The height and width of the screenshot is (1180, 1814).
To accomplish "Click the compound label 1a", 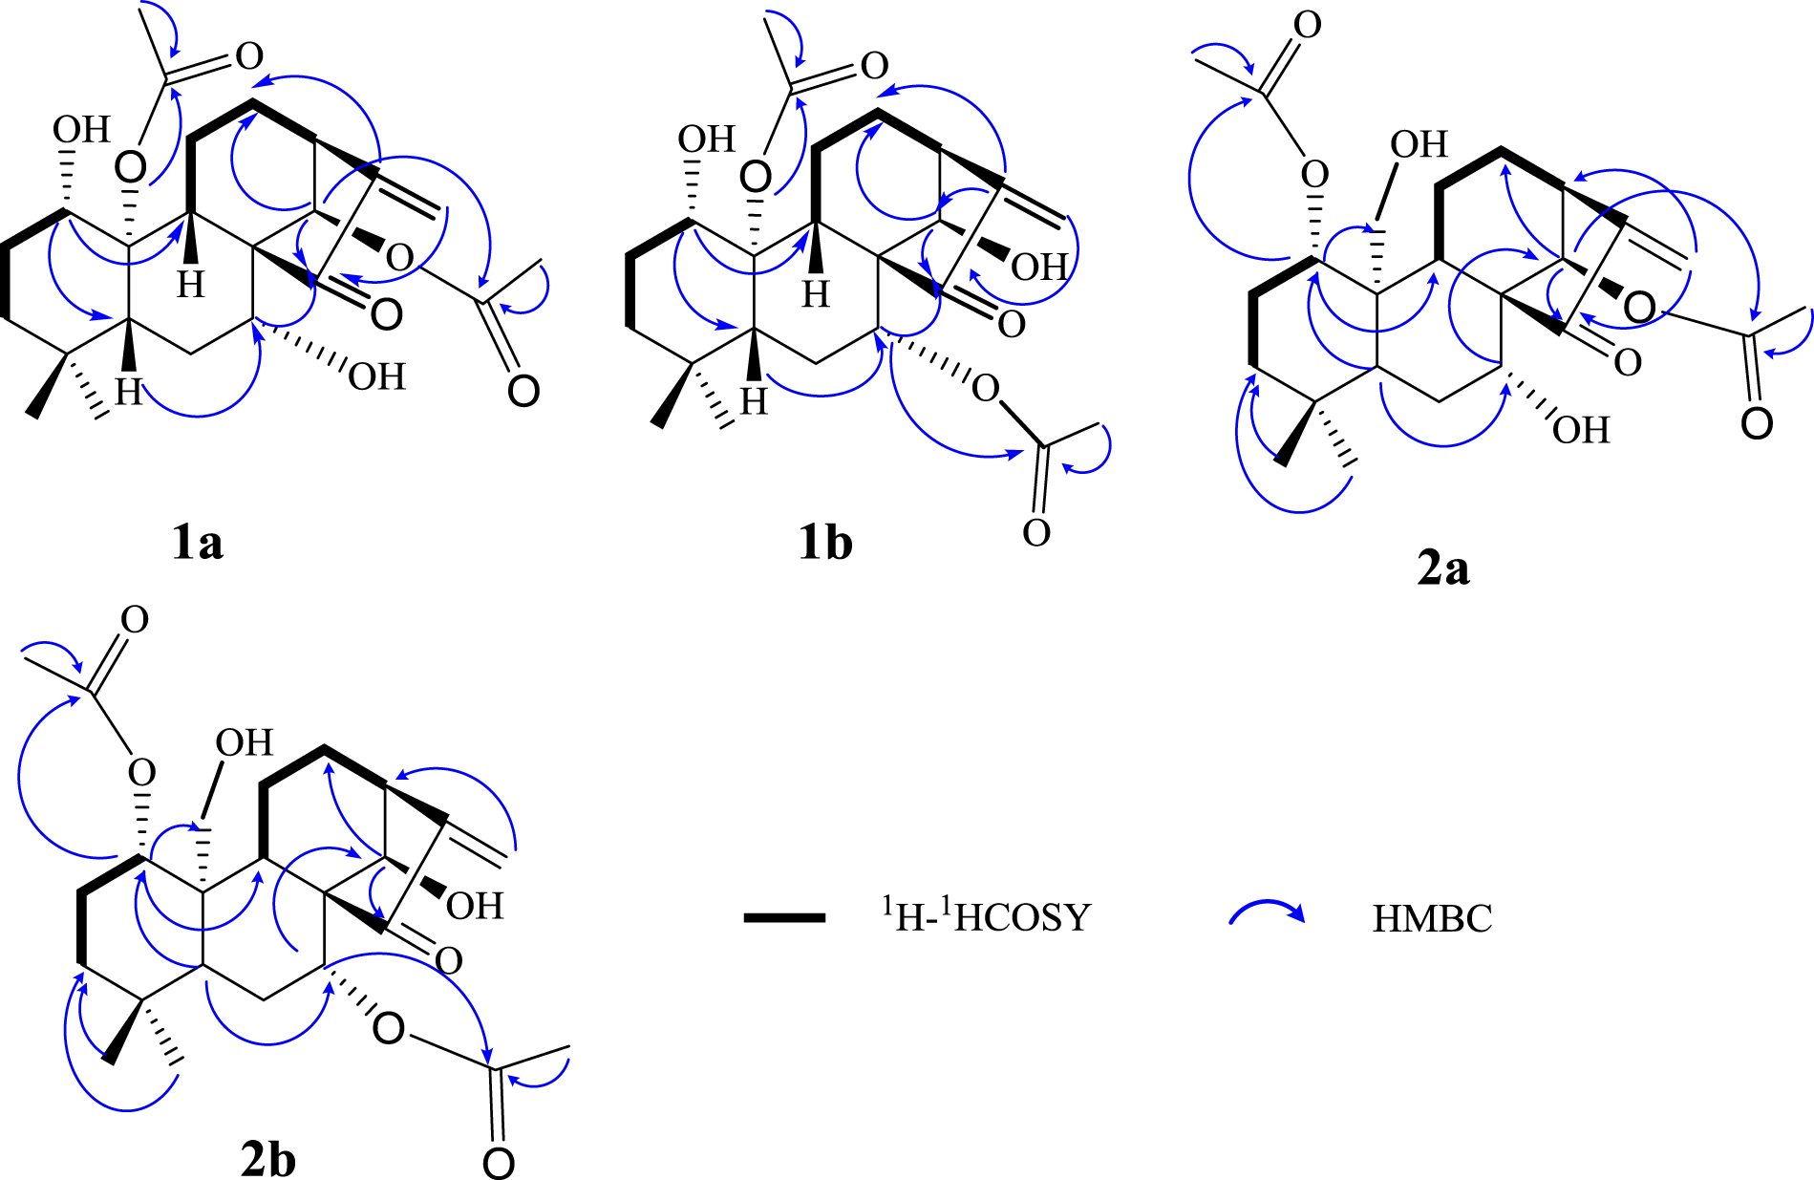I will [198, 543].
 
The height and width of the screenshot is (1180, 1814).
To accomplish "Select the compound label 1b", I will [825, 543].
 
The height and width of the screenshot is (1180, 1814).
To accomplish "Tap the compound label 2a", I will [1443, 569].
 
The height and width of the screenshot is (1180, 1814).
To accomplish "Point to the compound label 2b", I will [267, 1160].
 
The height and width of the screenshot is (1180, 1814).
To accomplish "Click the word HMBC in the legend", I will [1432, 918].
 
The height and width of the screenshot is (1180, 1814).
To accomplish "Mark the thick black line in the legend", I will [784, 918].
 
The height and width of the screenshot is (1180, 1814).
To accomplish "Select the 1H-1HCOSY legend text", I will [985, 916].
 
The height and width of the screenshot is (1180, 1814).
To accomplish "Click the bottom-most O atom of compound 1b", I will [1036, 533].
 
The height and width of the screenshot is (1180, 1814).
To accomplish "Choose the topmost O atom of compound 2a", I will [1307, 25].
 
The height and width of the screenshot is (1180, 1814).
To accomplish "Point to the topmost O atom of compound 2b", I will [135, 620].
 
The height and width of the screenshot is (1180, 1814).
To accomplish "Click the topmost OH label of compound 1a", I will [81, 130].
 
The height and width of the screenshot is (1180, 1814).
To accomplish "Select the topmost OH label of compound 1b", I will [706, 139].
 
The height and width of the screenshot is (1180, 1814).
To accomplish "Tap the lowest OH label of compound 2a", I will [1581, 430].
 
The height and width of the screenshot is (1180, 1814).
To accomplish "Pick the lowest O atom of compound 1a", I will [523, 392].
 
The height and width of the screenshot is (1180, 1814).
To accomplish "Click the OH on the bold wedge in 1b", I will [1039, 267].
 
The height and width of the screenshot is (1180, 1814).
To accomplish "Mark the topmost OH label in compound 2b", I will [244, 743].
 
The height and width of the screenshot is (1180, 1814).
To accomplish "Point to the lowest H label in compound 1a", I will [129, 391].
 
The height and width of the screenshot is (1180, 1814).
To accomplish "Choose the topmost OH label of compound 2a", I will [1419, 145].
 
